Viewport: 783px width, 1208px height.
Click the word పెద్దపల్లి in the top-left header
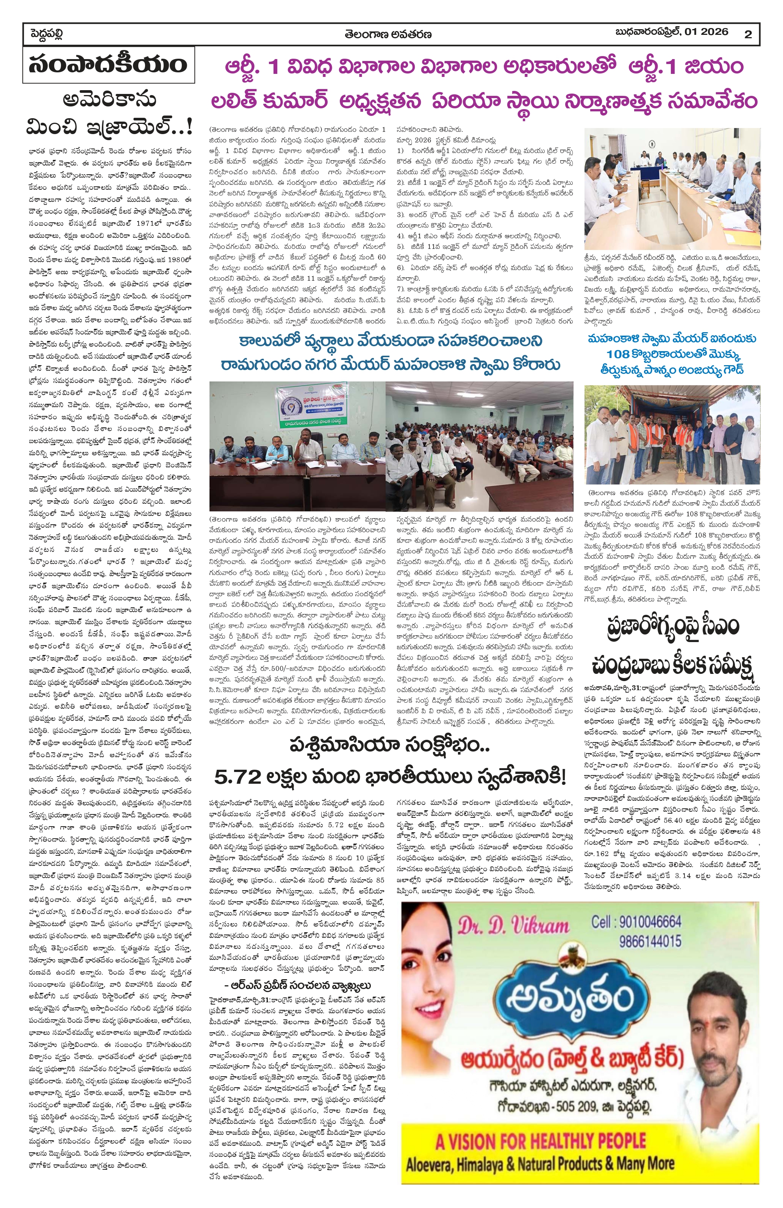coord(46,34)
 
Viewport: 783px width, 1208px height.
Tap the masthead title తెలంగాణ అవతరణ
coord(388,34)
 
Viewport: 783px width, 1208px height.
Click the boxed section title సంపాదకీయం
coord(108,65)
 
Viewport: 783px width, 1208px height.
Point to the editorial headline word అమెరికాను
coord(109,99)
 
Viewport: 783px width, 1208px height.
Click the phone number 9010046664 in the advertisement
coord(636,922)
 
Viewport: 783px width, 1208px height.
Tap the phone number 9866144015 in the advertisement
coord(650,942)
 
